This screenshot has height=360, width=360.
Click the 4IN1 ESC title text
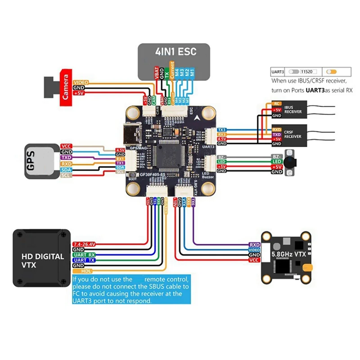point(173,51)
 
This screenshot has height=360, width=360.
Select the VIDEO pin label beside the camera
point(81,82)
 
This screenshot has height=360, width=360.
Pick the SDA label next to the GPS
point(65,171)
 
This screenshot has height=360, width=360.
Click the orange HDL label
point(87,271)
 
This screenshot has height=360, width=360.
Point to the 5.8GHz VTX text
point(288,255)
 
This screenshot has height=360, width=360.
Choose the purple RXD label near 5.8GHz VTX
point(255,244)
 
